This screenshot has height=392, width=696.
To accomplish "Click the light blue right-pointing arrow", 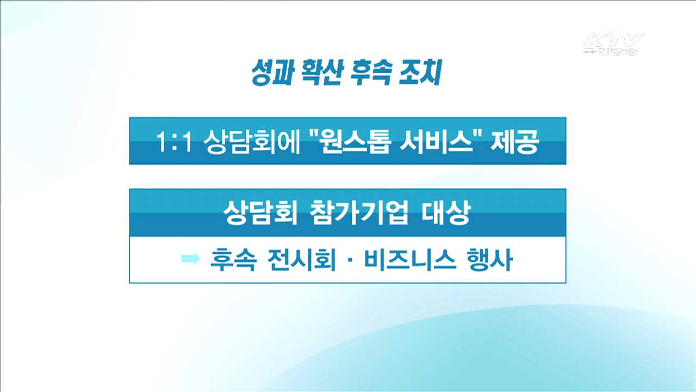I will tap(191, 259).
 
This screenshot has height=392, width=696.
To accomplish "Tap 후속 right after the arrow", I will tap(231, 260).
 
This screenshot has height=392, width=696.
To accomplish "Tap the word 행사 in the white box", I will tap(489, 260).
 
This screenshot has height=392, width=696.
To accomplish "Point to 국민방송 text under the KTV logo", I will tap(611, 52).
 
